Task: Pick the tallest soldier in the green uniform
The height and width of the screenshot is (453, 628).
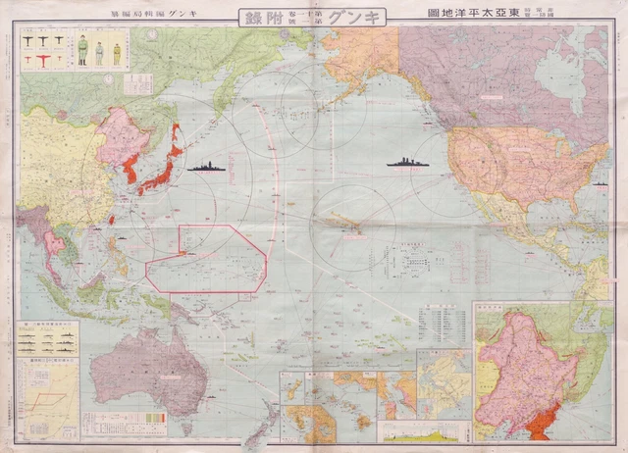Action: pos(82,50)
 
